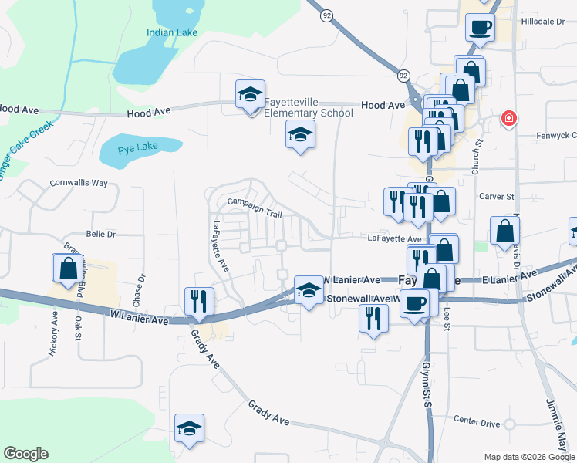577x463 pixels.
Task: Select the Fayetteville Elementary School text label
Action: (309, 108)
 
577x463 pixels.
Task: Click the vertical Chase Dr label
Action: (140, 289)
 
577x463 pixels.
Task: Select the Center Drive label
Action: (477, 421)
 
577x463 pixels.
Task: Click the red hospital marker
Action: (508, 119)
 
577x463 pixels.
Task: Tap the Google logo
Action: (25, 454)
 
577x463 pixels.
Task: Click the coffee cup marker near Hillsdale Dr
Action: (480, 28)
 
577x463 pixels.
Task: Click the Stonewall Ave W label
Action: (363, 298)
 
